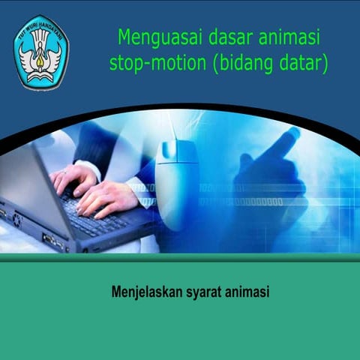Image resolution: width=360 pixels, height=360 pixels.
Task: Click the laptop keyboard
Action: click(105, 214)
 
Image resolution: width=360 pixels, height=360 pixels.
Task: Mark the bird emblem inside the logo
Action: click(40, 57)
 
